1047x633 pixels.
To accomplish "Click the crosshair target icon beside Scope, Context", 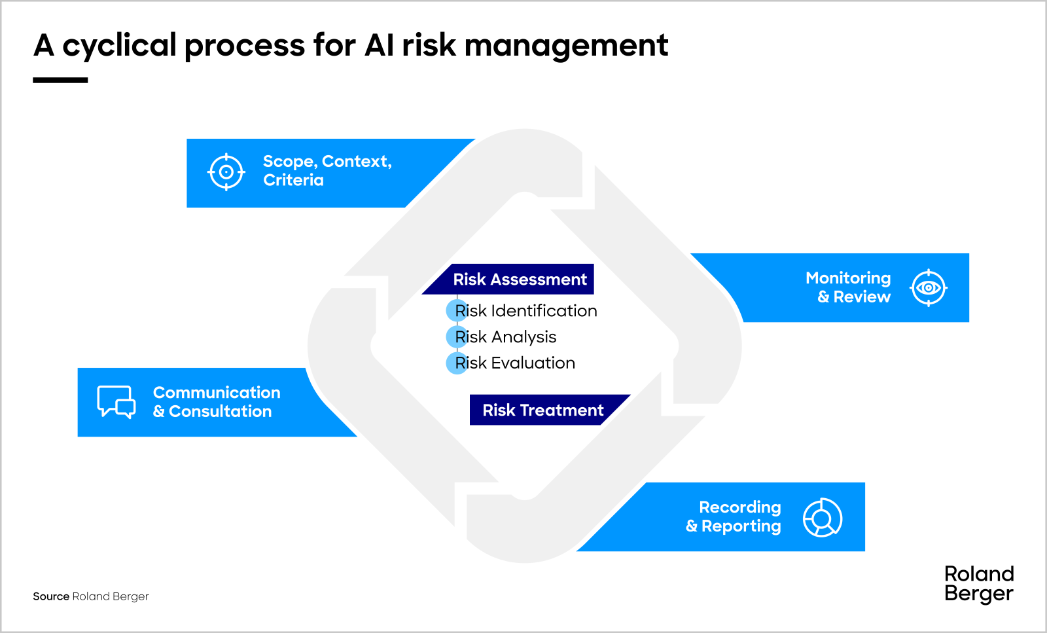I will (226, 172).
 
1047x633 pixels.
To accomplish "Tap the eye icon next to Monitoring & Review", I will (928, 287).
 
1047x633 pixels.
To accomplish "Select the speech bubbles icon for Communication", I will (116, 401).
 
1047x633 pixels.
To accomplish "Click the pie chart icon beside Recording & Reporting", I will (822, 518).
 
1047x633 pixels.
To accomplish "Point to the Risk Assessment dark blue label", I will (520, 280).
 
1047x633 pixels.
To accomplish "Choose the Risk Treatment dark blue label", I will (542, 410).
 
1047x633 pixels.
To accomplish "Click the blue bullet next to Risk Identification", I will (456, 310).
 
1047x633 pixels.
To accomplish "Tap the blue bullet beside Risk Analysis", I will (456, 336).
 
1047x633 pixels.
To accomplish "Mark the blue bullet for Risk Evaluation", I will (456, 363).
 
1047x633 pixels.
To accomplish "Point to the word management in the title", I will (566, 46).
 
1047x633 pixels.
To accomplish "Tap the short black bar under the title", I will (60, 80).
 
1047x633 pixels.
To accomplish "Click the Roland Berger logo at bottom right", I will (978, 583).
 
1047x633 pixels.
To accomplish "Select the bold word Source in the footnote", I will (51, 596).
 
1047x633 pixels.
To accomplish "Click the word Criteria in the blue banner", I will (293, 181).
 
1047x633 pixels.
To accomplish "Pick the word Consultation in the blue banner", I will (220, 412).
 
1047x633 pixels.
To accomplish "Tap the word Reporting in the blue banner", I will (741, 526).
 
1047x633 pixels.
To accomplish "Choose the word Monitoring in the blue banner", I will (847, 278).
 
